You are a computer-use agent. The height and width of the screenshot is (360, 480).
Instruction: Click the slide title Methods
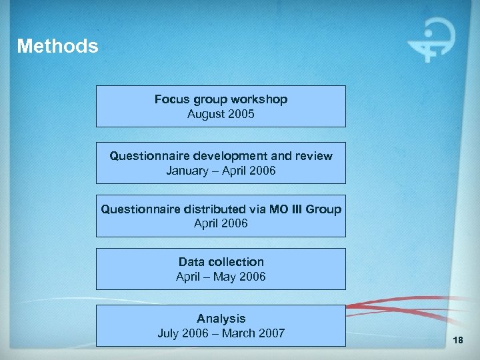[x=57, y=46]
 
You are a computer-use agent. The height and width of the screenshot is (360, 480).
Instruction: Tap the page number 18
[x=457, y=341]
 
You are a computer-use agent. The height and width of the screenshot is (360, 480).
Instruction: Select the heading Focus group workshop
[x=221, y=99]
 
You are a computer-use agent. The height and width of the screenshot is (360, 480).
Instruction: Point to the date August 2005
[x=221, y=114]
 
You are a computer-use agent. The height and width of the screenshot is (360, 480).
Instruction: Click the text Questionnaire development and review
[x=221, y=156]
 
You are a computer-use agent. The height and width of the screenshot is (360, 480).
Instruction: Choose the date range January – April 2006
[x=221, y=171]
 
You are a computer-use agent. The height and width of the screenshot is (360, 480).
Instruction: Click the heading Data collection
[x=221, y=262]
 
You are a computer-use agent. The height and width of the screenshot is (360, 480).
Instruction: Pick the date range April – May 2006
[x=221, y=277]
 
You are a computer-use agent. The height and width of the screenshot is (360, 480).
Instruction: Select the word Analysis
[x=221, y=319]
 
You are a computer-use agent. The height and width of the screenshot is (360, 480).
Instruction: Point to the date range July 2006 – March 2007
[x=221, y=333]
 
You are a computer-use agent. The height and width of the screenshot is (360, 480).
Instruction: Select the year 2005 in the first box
[x=240, y=114]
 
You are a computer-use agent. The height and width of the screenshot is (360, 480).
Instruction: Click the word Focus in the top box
[x=170, y=99]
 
